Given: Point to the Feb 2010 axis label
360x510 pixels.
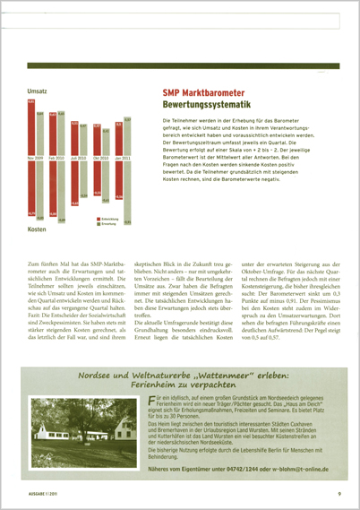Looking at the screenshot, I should pyautogui.click(x=56, y=158).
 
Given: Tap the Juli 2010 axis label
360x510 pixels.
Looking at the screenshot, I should pyautogui.click(x=78, y=158).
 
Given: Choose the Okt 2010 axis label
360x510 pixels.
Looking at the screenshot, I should pyautogui.click(x=100, y=158).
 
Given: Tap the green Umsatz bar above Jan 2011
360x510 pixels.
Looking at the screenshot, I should pyautogui.click(x=127, y=135).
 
